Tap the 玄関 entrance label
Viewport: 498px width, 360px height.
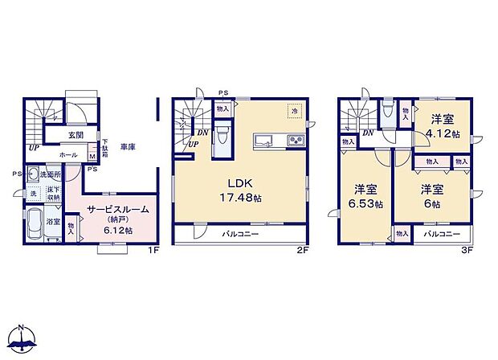(53, 135)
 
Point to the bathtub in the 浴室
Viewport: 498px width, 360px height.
(34, 225)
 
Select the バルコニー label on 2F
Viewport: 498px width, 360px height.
(241, 234)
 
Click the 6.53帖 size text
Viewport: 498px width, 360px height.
(369, 205)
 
